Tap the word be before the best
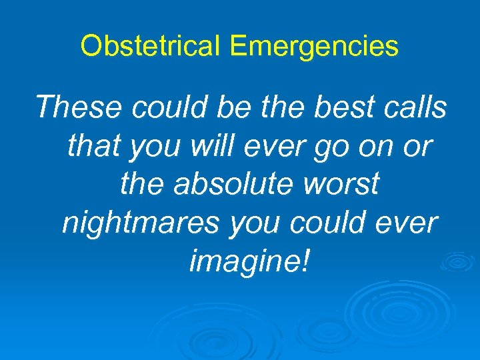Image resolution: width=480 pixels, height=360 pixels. coord(240,107)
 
